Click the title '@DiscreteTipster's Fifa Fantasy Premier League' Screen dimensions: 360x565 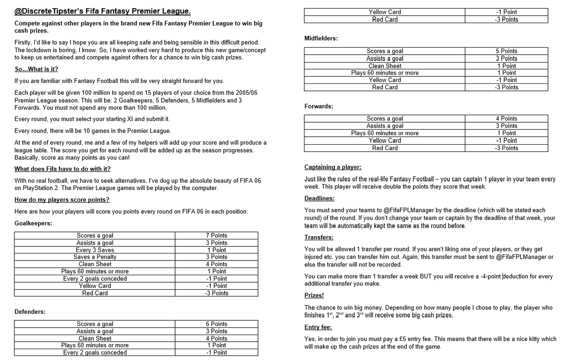(x=103, y=11)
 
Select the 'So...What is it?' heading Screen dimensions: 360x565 (x=36, y=69)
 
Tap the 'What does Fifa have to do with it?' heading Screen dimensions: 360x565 (x=63, y=169)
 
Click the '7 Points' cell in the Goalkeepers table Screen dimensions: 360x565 (x=216, y=235)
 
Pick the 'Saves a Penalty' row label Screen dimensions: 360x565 (x=95, y=257)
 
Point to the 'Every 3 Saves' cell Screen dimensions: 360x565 (x=95, y=250)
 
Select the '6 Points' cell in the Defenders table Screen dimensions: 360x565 (x=216, y=324)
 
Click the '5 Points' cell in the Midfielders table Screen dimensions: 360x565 (x=506, y=51)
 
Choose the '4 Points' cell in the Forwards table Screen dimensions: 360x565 (x=506, y=119)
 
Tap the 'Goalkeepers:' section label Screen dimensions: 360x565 (x=34, y=223)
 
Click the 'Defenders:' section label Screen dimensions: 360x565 (x=30, y=311)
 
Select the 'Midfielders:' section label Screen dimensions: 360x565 (x=321, y=38)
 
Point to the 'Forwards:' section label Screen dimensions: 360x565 (x=319, y=106)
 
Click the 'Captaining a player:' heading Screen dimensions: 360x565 (x=333, y=167)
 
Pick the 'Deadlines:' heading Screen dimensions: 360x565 (x=319, y=198)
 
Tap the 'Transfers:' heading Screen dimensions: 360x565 (x=319, y=237)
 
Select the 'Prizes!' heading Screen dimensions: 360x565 (x=314, y=295)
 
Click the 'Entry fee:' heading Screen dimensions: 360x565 (x=318, y=327)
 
